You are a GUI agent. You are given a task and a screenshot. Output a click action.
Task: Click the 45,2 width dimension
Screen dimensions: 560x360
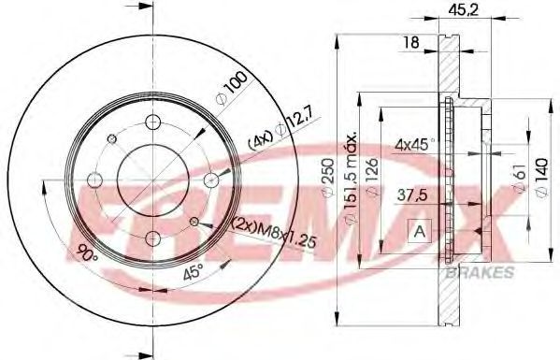[463, 10]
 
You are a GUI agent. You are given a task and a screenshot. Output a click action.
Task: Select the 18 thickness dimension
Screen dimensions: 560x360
[410, 42]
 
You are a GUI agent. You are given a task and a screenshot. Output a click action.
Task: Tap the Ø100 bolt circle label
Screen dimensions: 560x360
[232, 89]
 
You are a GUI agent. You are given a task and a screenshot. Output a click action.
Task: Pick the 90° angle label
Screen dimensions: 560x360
[87, 252]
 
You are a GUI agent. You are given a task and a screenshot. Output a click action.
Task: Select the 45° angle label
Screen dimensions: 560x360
[194, 272]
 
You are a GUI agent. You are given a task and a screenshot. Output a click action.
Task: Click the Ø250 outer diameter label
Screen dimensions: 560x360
[328, 177]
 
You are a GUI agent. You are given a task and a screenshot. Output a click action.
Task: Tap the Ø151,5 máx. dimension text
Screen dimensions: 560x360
[351, 178]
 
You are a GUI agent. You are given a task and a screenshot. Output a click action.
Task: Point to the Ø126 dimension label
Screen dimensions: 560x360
[372, 177]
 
